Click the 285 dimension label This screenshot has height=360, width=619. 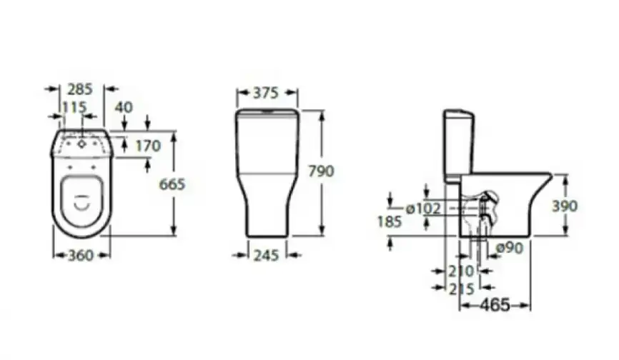80,89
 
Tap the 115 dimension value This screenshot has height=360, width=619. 74,107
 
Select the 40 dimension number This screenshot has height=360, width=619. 124,107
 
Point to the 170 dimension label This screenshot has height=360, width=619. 148,146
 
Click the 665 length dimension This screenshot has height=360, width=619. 172,184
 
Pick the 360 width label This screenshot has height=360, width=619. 81,256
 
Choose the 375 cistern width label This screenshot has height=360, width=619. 266,93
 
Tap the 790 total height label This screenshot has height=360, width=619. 321,171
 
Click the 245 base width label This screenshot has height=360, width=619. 267,256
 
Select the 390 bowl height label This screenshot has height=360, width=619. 565,206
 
